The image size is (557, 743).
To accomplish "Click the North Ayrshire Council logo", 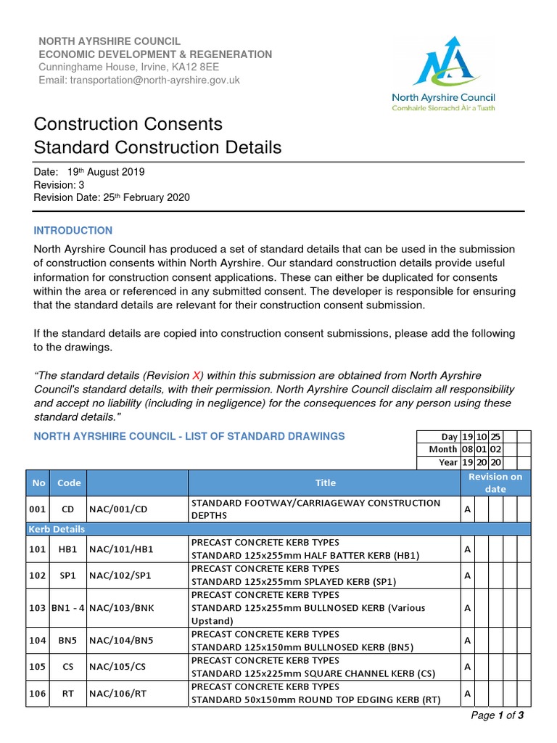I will [x=443, y=73].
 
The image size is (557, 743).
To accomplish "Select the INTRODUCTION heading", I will [x=73, y=231].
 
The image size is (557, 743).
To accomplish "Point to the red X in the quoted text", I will [x=196, y=375].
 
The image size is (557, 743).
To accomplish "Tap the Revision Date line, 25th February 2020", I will [x=112, y=198].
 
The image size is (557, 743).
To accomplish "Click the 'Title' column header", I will [x=325, y=483].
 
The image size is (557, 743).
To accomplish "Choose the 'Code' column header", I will [x=69, y=483].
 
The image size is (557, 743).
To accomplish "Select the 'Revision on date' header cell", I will [x=495, y=483].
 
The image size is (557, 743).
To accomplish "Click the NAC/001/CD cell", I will [x=117, y=509].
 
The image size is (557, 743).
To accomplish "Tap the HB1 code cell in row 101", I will [x=68, y=549].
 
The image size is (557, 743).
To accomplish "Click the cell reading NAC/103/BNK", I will [x=120, y=607].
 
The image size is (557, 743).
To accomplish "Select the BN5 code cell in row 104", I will [x=68, y=641].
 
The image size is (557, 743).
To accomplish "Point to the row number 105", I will [x=38, y=667].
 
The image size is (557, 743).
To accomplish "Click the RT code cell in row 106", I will [x=68, y=694].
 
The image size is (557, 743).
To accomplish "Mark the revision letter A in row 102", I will [x=468, y=575].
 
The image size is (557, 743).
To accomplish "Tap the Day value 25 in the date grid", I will [x=495, y=437].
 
